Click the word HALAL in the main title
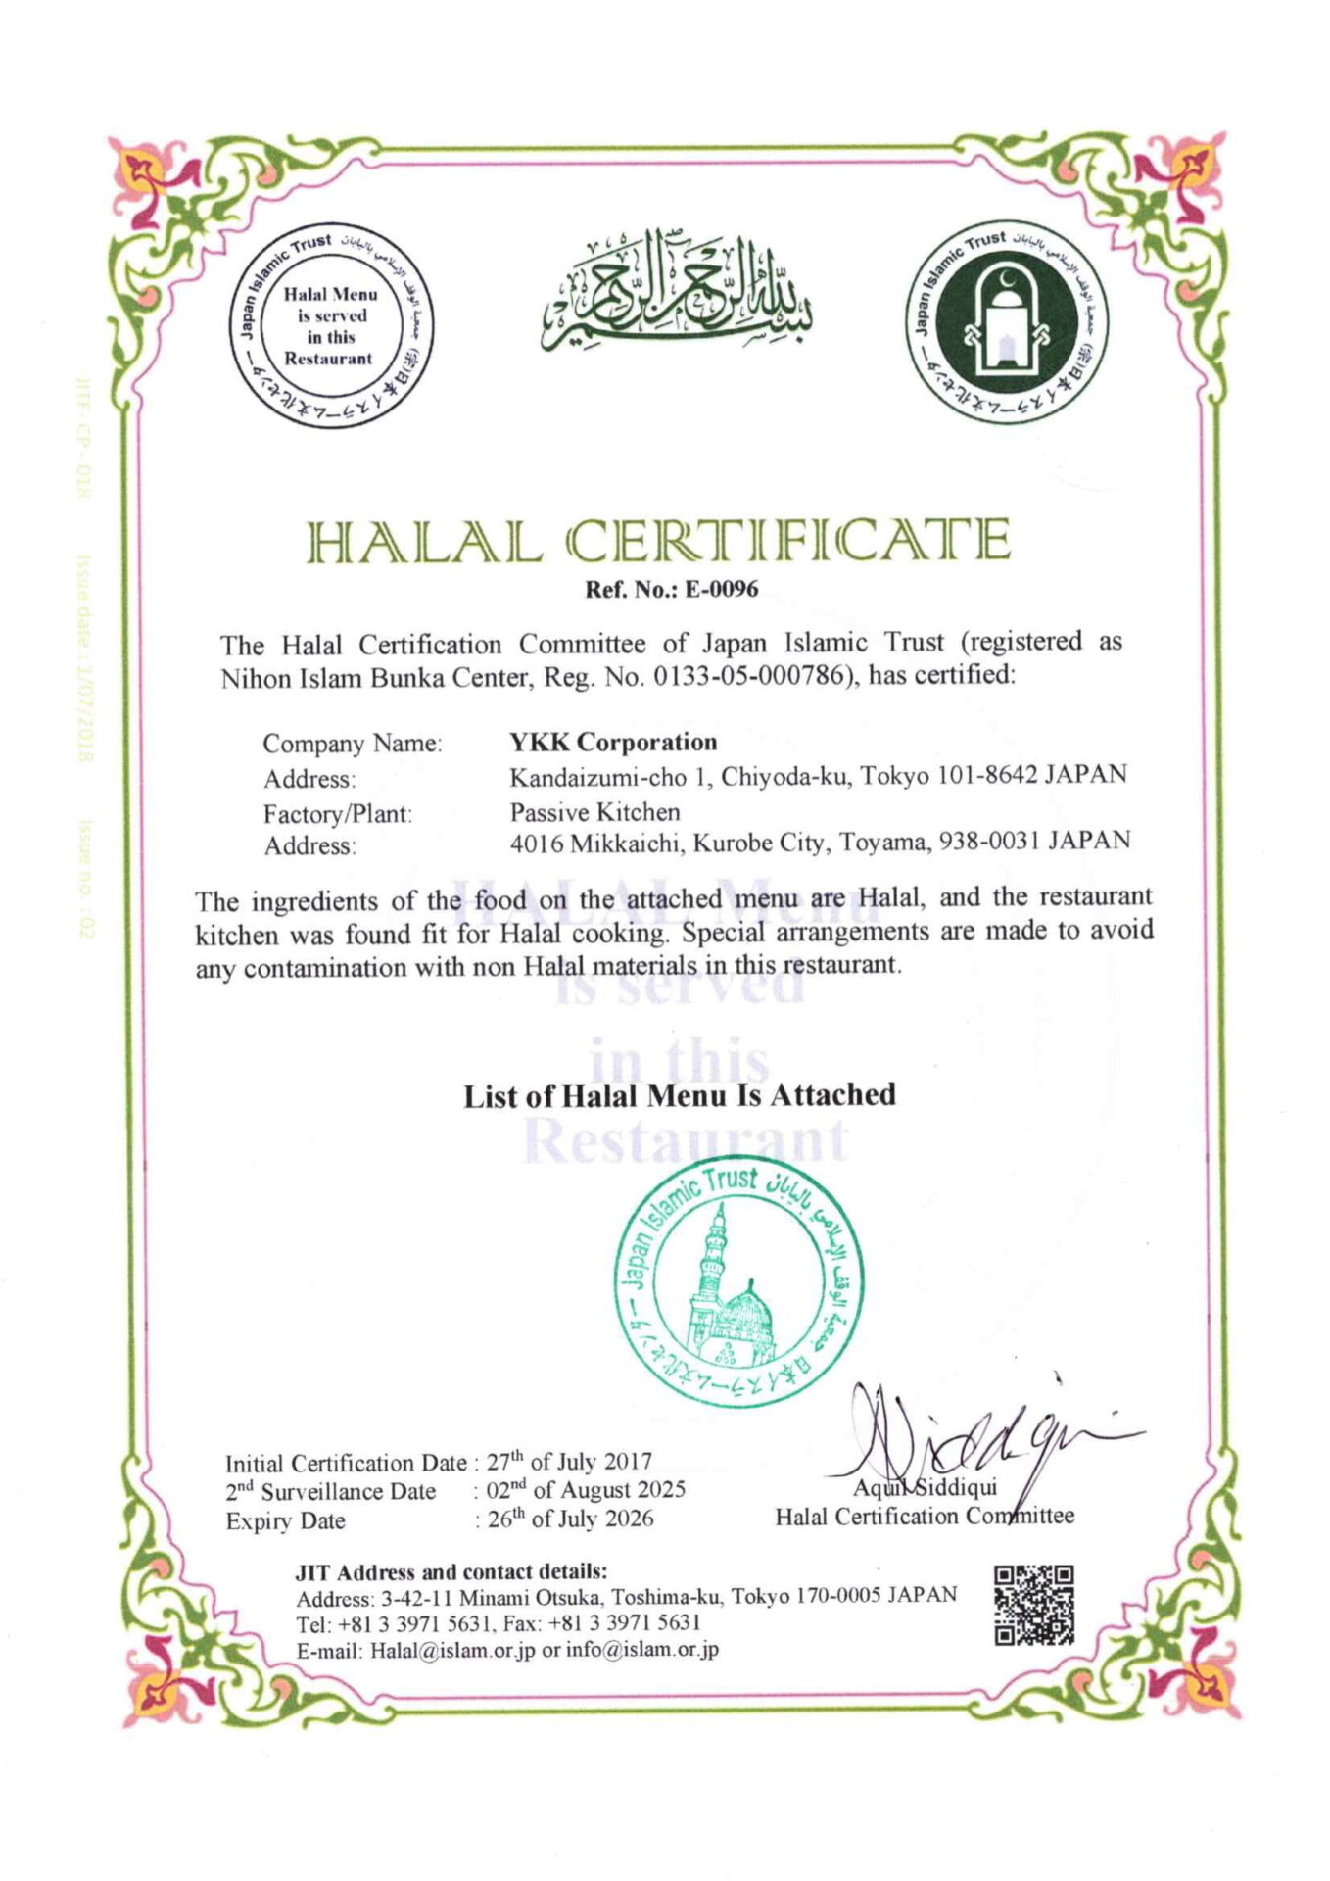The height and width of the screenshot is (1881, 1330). [x=425, y=542]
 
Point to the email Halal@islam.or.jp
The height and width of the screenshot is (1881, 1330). [x=452, y=1649]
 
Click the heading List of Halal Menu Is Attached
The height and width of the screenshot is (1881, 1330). [x=680, y=1094]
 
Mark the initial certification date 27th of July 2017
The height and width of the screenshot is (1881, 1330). [x=570, y=1462]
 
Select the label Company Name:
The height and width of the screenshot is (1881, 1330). [x=353, y=744]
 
